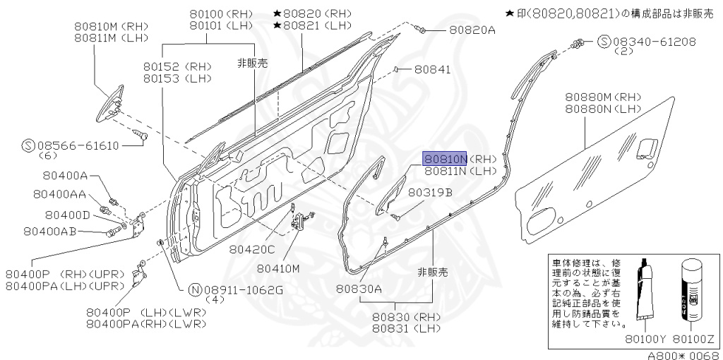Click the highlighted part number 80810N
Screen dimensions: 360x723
click(445, 159)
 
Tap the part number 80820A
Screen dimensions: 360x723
click(472, 30)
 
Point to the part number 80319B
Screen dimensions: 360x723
click(430, 192)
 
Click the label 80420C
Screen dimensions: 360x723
click(251, 248)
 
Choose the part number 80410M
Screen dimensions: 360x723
click(278, 268)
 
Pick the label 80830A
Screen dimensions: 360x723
click(359, 288)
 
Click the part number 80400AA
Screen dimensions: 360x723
click(60, 193)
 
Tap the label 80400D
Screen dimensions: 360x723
click(68, 215)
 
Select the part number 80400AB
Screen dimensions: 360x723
click(49, 231)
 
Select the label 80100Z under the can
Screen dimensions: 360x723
click(694, 339)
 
